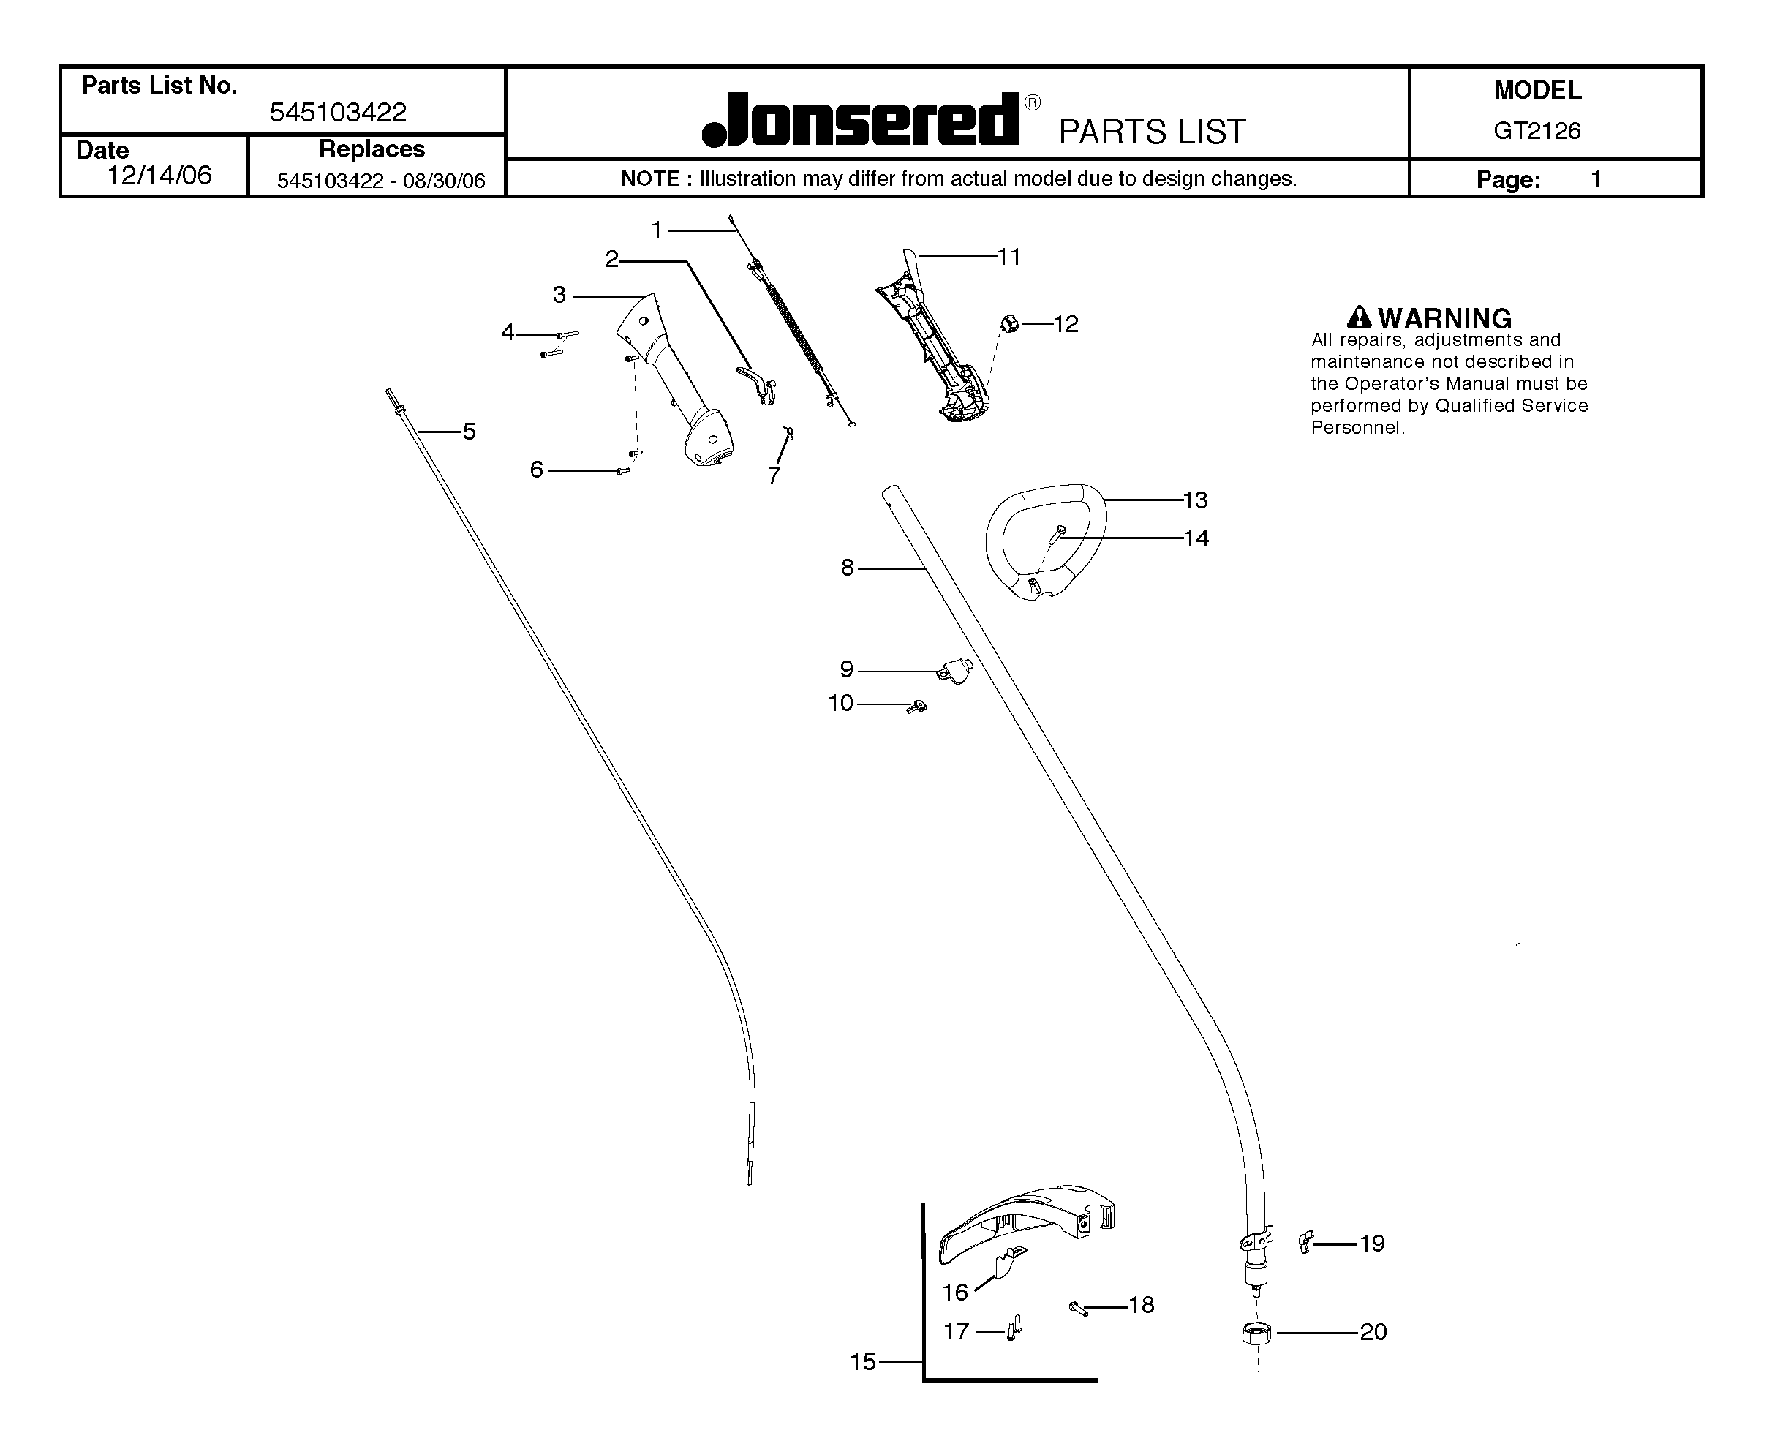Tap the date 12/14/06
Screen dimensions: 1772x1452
point(159,175)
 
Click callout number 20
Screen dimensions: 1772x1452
point(1373,1331)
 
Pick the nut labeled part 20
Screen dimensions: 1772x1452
point(1257,1332)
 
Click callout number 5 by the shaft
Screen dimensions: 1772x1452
point(469,432)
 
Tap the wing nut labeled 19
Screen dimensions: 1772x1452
point(1305,1241)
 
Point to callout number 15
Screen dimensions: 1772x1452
point(863,1362)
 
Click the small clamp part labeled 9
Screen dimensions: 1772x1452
point(955,670)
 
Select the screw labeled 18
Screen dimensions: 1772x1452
point(1079,1308)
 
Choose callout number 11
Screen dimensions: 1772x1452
point(1009,257)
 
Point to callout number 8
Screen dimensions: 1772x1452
point(847,568)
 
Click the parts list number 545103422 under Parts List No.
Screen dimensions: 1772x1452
point(338,112)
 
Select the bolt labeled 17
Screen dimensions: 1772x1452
point(1014,1328)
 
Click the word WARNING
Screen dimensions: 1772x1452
point(1444,319)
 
